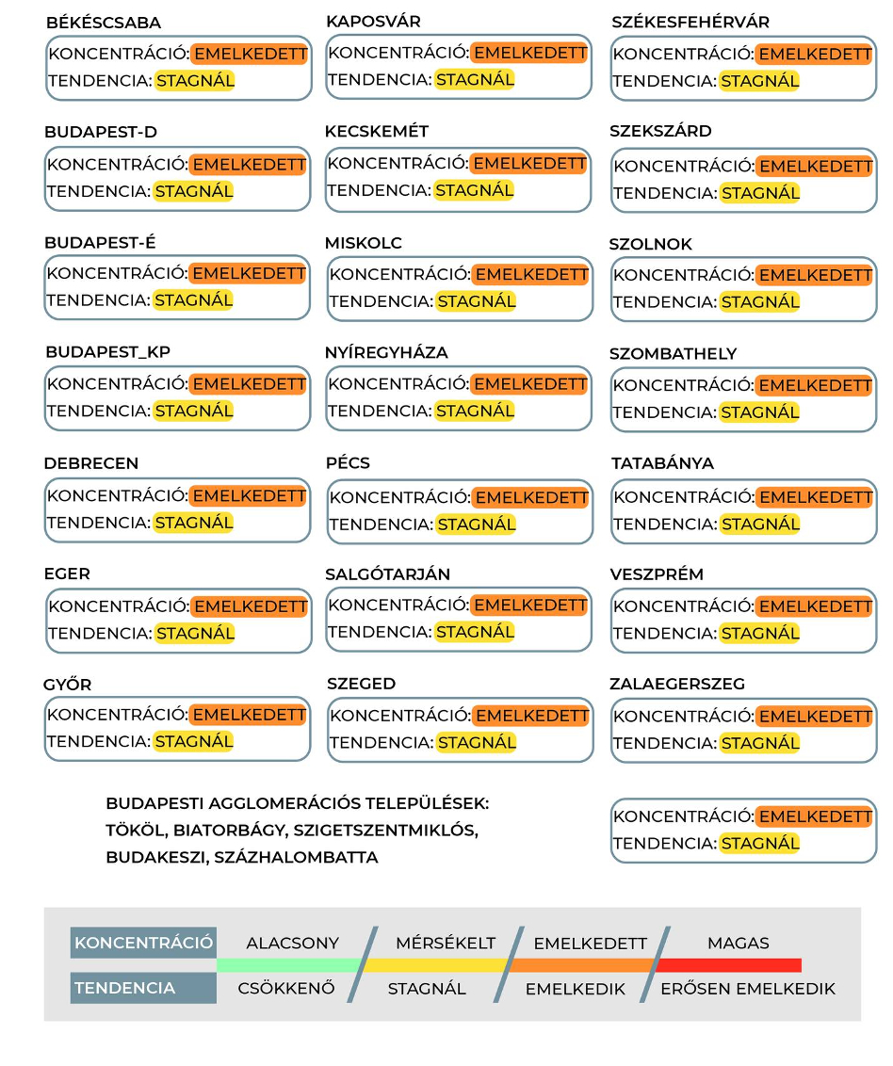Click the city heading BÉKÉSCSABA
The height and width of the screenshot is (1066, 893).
pos(103,23)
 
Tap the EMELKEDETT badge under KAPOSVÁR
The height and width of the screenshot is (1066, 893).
pos(528,53)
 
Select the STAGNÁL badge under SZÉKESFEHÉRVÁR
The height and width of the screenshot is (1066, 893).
pos(759,81)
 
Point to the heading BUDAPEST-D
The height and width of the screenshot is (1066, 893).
pos(101,132)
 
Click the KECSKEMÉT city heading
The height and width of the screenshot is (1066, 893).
pos(377,131)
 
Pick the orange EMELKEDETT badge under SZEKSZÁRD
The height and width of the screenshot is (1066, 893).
pos(815,166)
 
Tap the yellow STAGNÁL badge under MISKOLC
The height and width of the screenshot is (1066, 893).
pos(476,301)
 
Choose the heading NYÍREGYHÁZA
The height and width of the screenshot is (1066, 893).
pos(386,352)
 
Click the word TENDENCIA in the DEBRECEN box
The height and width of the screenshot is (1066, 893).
pos(99,523)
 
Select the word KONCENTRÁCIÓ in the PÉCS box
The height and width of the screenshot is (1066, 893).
pos(399,497)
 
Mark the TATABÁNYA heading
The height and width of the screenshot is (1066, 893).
pos(662,463)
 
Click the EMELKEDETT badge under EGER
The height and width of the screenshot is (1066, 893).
pos(250,606)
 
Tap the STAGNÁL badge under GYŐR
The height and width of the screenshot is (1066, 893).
pos(193,741)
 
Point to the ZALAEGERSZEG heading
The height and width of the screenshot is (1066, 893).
pos(676,684)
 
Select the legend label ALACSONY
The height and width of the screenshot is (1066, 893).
pos(292,943)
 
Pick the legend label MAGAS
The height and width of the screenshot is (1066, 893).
pos(739,943)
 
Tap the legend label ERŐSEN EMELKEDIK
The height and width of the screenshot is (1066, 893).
pos(748,989)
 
